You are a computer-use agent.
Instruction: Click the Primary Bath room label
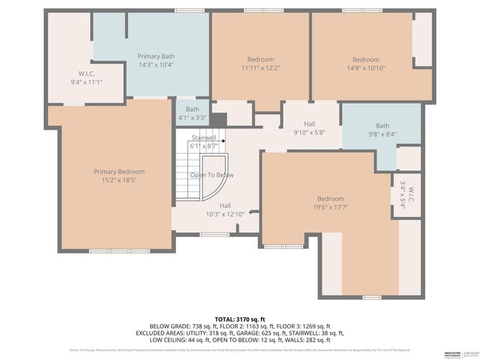(x=156, y=56)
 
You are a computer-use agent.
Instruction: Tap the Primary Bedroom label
(x=115, y=172)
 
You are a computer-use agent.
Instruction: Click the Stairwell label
(x=203, y=138)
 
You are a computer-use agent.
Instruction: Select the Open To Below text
(x=211, y=175)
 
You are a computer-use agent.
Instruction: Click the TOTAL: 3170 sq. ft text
(x=240, y=319)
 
